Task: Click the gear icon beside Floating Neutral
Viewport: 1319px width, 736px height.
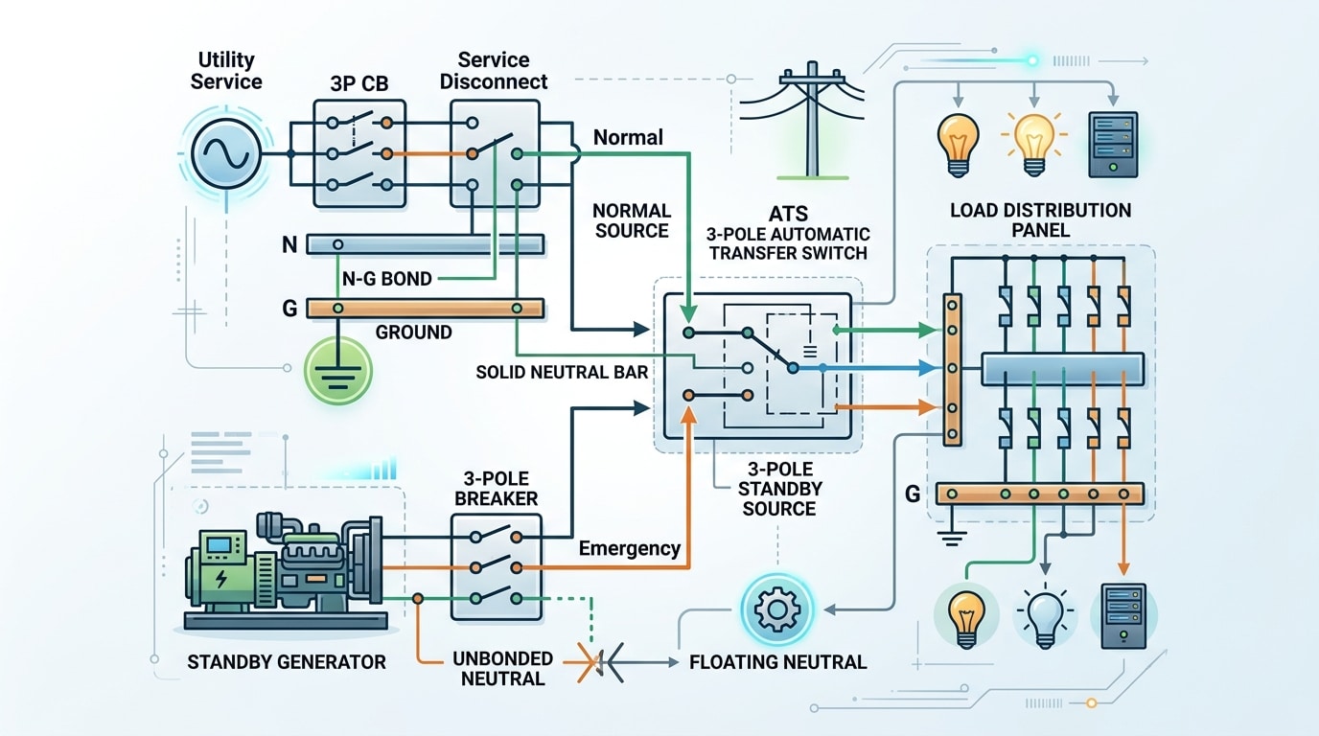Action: pyautogui.click(x=776, y=610)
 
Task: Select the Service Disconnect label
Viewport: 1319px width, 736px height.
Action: pyautogui.click(x=493, y=70)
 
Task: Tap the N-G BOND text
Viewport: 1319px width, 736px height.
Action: pyautogui.click(x=386, y=279)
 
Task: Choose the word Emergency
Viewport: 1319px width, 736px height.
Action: pyautogui.click(x=630, y=549)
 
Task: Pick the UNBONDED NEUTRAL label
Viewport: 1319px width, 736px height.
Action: pyautogui.click(x=502, y=669)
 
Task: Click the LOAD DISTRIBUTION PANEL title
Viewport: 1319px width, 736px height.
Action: pyautogui.click(x=1039, y=219)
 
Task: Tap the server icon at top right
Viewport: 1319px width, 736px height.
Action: pyautogui.click(x=1112, y=145)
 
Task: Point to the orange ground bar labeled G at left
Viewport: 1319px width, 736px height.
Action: pyautogui.click(x=425, y=309)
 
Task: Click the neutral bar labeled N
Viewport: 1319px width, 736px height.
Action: pyautogui.click(x=425, y=244)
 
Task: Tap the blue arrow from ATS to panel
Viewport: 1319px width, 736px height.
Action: pyautogui.click(x=882, y=368)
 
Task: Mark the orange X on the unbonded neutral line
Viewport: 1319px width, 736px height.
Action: pyautogui.click(x=587, y=663)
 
